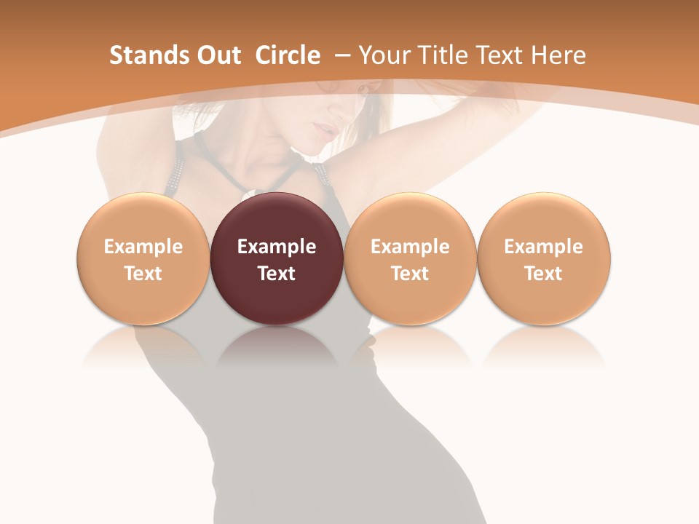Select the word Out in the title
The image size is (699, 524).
click(x=216, y=55)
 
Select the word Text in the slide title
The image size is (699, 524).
click(x=497, y=55)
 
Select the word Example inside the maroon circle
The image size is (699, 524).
click(x=277, y=247)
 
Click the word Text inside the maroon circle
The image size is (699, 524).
click(x=277, y=274)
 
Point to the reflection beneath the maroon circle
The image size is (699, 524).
click(x=277, y=346)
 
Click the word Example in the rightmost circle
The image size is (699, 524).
click(x=544, y=247)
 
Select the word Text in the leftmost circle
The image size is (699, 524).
click(x=143, y=274)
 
